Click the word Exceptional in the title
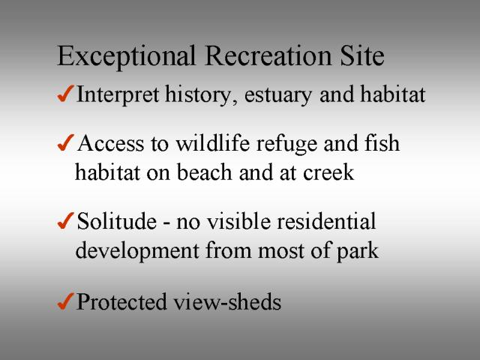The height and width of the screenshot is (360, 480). click(x=127, y=57)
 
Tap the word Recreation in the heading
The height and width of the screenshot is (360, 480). click(x=268, y=55)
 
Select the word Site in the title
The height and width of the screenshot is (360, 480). click(x=362, y=55)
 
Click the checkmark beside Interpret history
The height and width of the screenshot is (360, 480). click(x=65, y=93)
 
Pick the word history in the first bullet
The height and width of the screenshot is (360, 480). click(x=201, y=95)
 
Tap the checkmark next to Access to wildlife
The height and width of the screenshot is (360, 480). click(x=65, y=142)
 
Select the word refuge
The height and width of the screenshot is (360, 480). click(x=286, y=145)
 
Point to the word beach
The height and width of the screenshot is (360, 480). click(x=205, y=172)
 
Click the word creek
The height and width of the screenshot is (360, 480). click(x=328, y=172)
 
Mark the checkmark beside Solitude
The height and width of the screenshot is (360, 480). click(x=65, y=220)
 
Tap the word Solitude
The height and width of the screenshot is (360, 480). click(x=117, y=220)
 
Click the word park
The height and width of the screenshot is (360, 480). click(x=358, y=252)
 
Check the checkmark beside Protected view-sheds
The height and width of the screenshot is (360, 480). click(x=65, y=301)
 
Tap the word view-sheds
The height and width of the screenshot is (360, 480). click(x=227, y=301)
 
